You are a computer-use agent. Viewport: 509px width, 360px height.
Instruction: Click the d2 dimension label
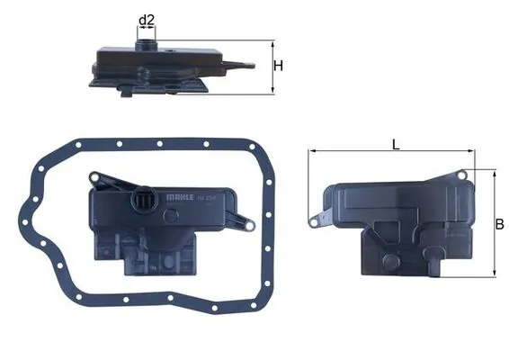147,19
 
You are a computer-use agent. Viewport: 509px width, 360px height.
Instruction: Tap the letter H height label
279,66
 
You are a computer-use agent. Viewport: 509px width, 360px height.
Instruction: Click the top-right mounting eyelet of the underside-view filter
463,173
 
